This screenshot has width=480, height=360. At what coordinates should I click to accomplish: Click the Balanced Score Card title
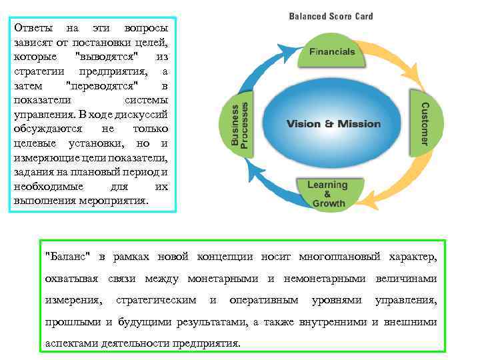coord(330,16)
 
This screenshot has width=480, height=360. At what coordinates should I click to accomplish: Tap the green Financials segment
coord(331,52)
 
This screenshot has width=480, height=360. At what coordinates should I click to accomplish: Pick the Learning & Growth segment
coord(327,194)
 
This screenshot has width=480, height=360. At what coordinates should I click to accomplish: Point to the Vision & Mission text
coord(333,124)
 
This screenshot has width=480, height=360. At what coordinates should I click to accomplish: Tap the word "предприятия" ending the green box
coord(206,343)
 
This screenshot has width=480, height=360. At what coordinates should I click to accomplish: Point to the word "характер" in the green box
coord(413,257)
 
